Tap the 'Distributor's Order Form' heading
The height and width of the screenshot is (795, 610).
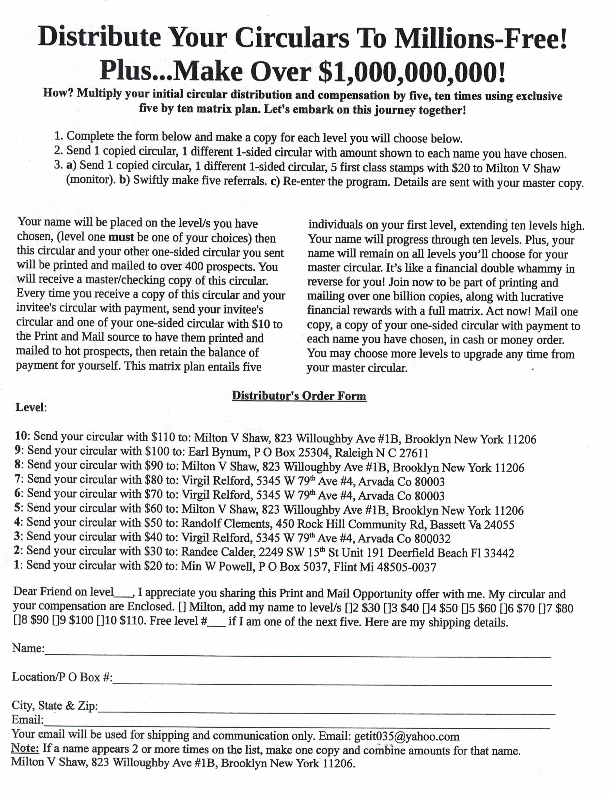point(299,396)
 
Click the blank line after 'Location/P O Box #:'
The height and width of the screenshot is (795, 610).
point(332,683)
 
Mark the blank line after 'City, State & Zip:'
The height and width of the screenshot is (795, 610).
point(327,713)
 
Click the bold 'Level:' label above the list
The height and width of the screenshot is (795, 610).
point(31,407)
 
